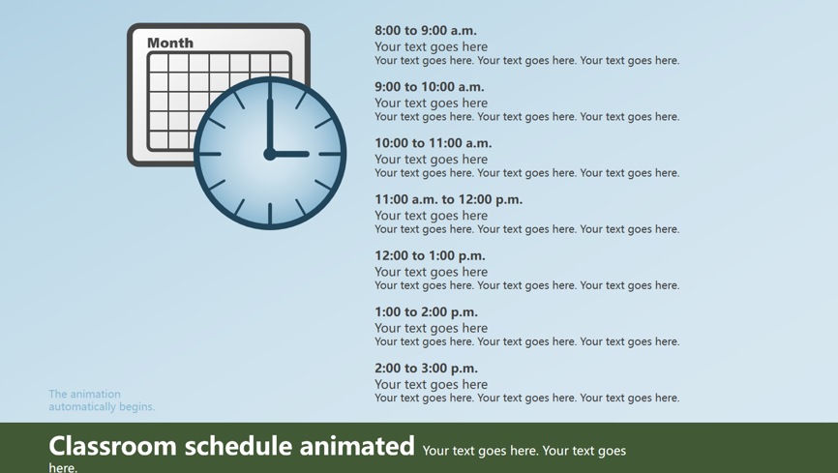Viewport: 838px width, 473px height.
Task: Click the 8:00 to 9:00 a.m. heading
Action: [426, 30]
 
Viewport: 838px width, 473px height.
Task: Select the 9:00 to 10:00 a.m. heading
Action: [429, 87]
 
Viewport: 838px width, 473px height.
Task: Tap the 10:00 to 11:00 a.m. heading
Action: [433, 143]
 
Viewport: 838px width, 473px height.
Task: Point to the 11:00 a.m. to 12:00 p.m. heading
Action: [448, 200]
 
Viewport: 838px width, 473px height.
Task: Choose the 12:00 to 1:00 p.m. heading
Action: [430, 256]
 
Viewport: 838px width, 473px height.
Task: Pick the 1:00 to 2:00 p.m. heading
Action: [426, 312]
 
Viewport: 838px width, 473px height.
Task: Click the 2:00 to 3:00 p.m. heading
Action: [426, 369]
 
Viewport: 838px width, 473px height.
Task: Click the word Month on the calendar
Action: [170, 43]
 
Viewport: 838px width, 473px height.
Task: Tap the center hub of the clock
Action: [270, 154]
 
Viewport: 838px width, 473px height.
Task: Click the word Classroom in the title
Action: [113, 446]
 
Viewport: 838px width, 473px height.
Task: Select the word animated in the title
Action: [356, 446]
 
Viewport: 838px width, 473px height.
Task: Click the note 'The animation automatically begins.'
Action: [102, 400]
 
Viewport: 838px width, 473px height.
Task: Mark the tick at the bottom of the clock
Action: [270, 213]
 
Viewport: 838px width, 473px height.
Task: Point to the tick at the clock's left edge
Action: [211, 154]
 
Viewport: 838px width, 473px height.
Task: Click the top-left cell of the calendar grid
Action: [159, 63]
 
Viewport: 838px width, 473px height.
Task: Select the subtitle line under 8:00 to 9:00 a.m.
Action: [431, 47]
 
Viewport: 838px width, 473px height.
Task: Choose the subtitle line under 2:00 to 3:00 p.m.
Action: [431, 385]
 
